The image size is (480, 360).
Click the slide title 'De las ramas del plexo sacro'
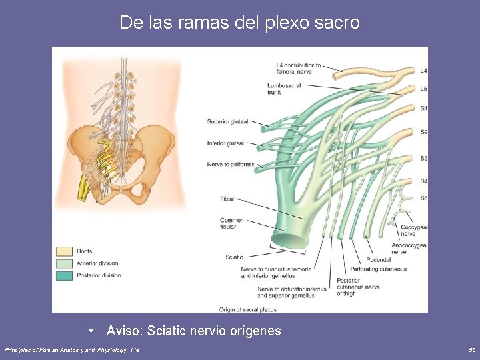click(239, 23)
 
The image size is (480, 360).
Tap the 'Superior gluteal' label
click(227, 121)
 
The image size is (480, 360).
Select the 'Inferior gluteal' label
click(225, 143)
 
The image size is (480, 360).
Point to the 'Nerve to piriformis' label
click(230, 164)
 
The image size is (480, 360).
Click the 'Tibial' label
click(227, 199)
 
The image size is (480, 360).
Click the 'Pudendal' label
click(378, 260)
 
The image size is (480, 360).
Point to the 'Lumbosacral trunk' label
click(283, 89)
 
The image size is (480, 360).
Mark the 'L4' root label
click(424, 70)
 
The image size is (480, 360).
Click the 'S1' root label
click(424, 108)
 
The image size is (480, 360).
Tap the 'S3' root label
click(424, 158)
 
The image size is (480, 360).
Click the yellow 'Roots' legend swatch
click(64, 251)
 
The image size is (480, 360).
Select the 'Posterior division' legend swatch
click(64, 275)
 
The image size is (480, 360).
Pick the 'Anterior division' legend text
click(97, 263)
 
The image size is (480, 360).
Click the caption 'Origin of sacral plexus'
click(247, 309)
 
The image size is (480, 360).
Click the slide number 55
click(472, 349)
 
